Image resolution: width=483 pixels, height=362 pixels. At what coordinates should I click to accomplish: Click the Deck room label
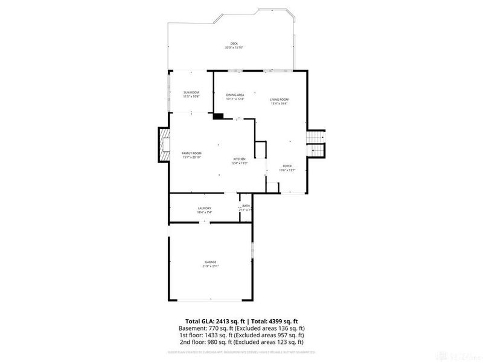234,43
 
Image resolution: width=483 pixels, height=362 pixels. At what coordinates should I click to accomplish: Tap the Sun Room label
191,92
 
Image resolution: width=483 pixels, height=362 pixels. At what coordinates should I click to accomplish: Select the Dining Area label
235,95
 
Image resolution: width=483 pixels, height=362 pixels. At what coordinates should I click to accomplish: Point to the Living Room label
279,100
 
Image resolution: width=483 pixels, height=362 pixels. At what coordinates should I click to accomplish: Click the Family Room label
191,153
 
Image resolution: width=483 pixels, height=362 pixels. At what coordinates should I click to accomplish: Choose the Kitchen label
240,159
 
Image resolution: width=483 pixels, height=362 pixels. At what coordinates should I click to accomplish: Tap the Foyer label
287,166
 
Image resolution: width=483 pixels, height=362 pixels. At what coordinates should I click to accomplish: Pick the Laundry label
204,208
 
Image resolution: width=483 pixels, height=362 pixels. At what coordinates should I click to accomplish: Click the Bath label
246,206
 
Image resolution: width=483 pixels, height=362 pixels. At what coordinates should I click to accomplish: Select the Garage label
210,262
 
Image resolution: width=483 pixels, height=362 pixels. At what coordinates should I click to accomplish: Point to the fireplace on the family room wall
164,145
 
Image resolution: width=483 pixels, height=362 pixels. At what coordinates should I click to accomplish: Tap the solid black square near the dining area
218,116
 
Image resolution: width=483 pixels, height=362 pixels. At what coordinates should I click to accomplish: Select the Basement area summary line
241,328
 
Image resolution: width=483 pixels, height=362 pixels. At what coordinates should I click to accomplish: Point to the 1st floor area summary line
241,335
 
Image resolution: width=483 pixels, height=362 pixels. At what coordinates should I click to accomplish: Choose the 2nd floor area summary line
241,341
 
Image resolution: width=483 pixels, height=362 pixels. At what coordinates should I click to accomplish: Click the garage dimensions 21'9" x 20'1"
210,266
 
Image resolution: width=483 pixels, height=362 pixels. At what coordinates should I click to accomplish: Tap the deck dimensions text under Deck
234,48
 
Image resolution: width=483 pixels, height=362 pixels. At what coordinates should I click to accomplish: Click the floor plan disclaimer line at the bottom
241,351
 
